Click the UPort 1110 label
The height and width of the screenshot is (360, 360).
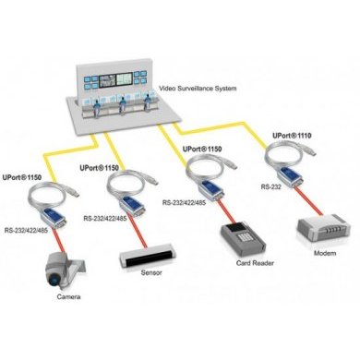[293, 135]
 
